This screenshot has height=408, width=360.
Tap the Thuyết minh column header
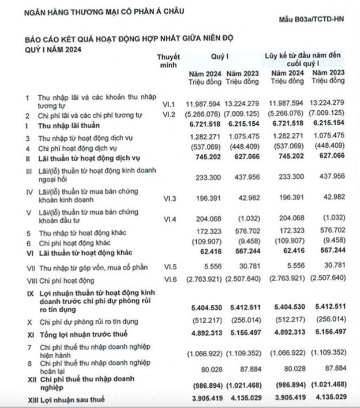[168, 61]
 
